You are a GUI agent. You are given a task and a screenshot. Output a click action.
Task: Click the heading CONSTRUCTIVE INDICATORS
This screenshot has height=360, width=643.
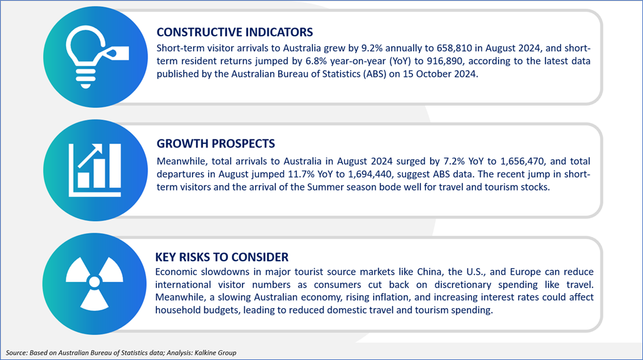(x=234, y=32)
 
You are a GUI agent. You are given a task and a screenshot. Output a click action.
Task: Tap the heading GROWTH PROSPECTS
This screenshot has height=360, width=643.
(x=216, y=144)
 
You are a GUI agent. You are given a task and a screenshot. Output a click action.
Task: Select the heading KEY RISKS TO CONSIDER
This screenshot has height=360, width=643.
(x=222, y=257)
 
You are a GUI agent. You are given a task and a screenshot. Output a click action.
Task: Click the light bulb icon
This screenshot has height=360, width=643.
(x=97, y=57)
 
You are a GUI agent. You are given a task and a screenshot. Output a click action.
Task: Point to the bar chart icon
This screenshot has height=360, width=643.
(x=95, y=170)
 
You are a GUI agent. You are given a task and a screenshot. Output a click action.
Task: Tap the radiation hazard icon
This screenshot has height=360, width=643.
(x=94, y=283)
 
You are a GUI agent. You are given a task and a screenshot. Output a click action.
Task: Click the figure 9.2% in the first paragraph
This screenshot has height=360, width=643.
(x=372, y=48)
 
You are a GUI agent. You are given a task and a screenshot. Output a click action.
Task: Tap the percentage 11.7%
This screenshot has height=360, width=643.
(x=301, y=174)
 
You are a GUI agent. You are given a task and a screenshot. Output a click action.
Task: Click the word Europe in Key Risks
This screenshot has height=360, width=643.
(x=526, y=272)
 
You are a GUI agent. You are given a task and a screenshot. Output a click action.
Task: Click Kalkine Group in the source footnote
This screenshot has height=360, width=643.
(x=216, y=352)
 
